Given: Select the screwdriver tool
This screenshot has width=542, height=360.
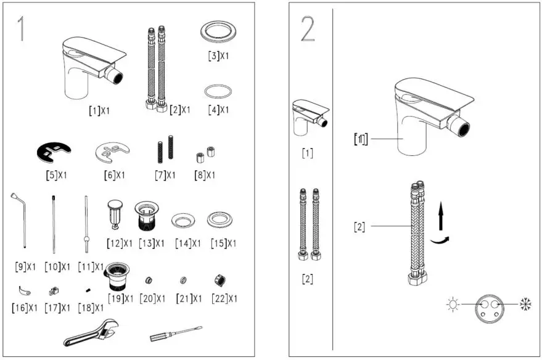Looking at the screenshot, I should pos(176,333).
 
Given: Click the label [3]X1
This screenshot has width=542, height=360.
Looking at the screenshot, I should pos(218,56).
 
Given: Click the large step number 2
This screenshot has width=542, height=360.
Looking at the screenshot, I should pos(308,29).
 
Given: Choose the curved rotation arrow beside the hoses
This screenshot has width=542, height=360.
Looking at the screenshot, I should pos(439,240).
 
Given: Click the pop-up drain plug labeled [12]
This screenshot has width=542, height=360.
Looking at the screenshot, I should pos(115,213).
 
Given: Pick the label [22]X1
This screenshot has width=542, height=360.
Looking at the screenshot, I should pos(223,299).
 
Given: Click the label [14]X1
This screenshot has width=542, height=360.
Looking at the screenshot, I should pos(187,243).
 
